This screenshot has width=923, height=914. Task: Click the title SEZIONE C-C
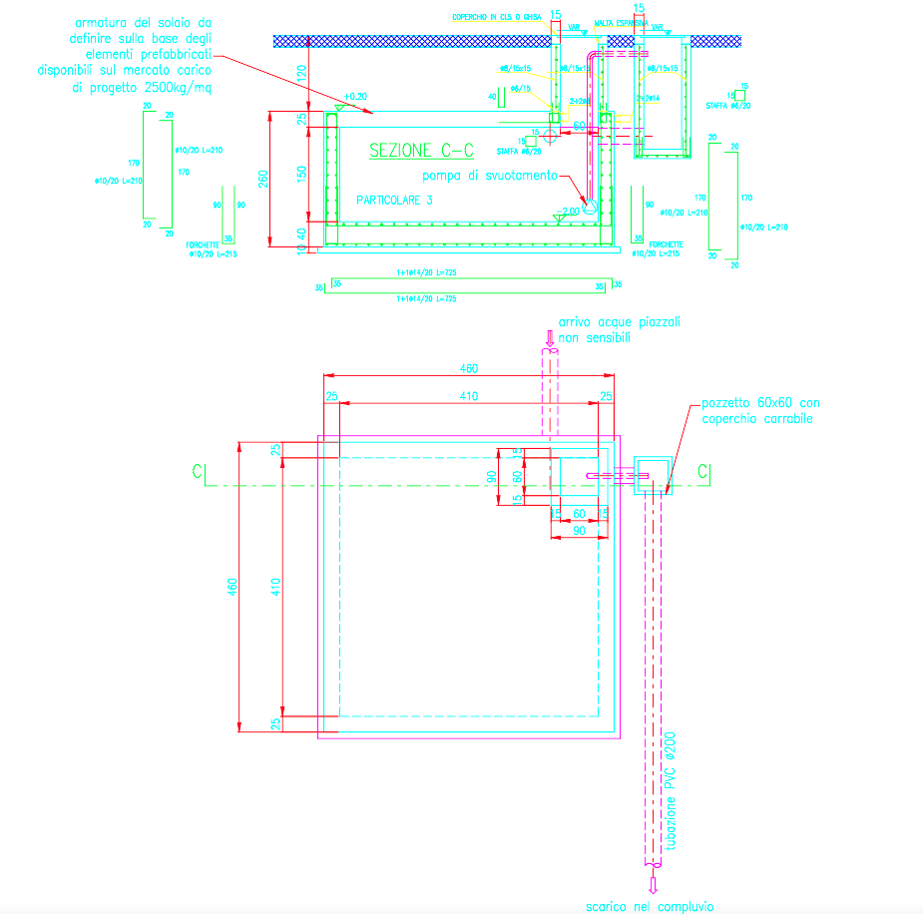pyautogui.click(x=421, y=151)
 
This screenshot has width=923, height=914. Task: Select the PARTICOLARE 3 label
pyautogui.click(x=396, y=200)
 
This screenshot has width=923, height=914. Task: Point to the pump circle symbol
pyautogui.click(x=589, y=208)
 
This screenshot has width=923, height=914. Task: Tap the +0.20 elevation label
pyautogui.click(x=355, y=97)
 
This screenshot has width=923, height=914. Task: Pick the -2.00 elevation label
pyautogui.click(x=570, y=211)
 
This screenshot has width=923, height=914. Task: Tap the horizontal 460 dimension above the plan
pyautogui.click(x=469, y=368)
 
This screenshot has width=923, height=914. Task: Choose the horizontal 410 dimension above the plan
pyautogui.click(x=469, y=397)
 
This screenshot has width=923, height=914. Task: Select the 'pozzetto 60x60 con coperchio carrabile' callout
pyautogui.click(x=760, y=410)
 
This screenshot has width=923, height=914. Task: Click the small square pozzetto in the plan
pyautogui.click(x=653, y=477)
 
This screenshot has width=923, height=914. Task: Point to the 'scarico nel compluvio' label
pyautogui.click(x=650, y=906)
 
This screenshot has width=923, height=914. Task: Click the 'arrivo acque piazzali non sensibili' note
pyautogui.click(x=619, y=331)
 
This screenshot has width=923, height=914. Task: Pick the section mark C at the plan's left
pyautogui.click(x=200, y=470)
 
